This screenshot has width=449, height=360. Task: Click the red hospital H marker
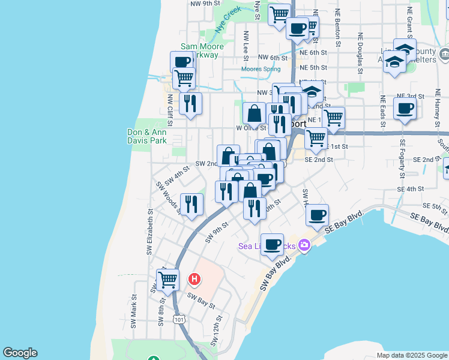pos(194,279)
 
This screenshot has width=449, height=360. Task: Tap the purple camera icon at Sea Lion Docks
pos(304,244)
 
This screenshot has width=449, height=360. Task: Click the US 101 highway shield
pos(179,320)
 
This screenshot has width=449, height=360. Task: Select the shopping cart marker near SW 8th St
pos(168,279)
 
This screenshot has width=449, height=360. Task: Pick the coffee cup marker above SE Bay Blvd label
pos(317,215)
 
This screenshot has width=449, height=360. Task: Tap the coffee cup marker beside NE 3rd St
pos(405,109)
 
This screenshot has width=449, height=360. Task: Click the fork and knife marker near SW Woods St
pos(191,205)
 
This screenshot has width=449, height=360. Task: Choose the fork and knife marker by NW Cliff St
pos(190,103)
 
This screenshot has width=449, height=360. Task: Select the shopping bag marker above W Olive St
pos(255,113)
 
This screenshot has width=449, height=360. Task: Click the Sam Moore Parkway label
pos(202,50)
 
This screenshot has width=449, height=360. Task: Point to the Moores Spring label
pos(261,69)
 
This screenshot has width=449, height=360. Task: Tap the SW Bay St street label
pos(201,300)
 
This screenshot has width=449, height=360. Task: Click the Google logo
pos(20,353)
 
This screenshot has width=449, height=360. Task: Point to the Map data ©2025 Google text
pos(411,355)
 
